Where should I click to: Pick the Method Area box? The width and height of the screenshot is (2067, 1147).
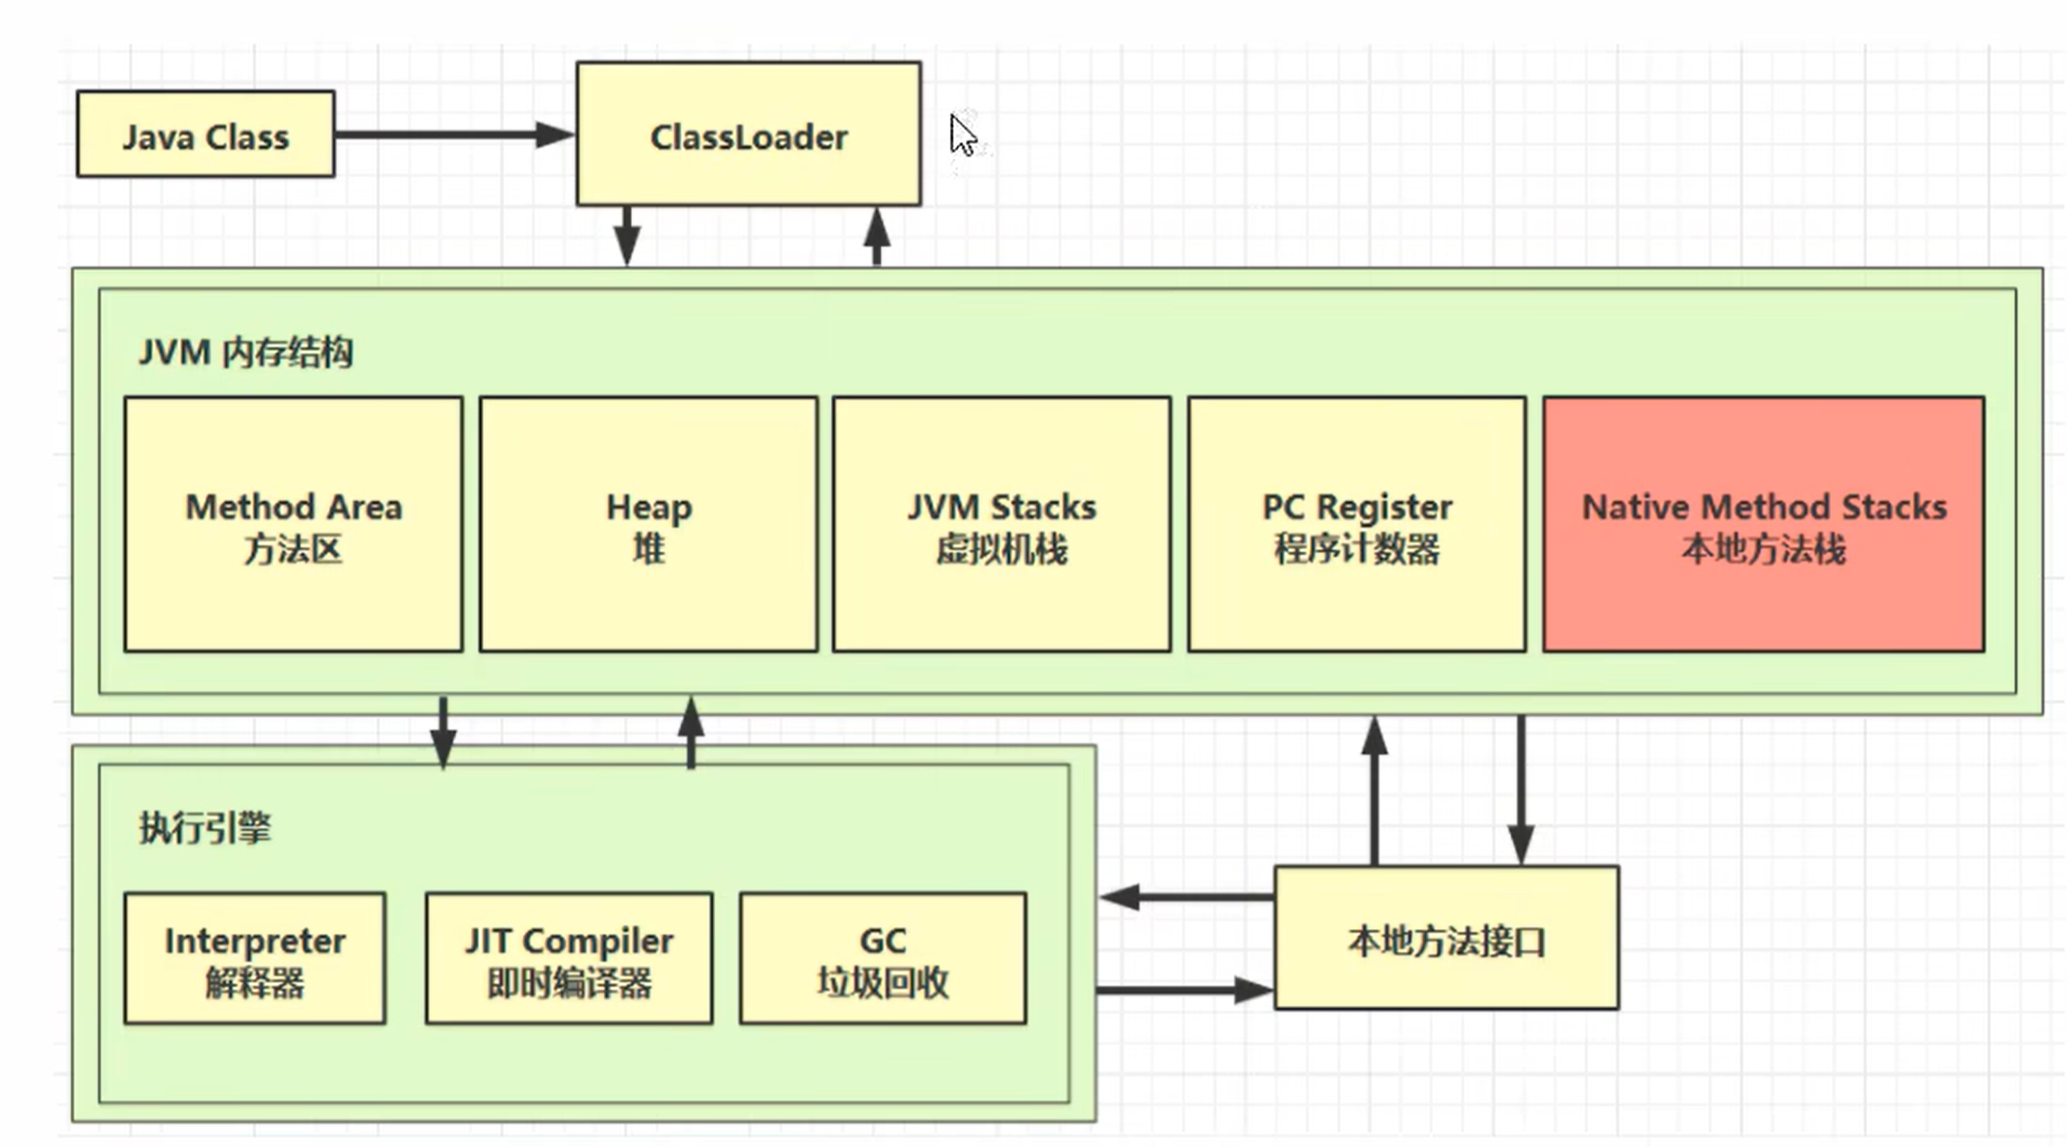[x=293, y=524]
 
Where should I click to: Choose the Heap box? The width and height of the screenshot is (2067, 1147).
[x=648, y=524]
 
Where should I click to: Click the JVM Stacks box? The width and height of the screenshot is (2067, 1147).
[x=1002, y=524]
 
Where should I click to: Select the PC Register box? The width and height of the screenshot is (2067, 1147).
[x=1356, y=524]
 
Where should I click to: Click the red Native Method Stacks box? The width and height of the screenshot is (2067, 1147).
[x=1763, y=524]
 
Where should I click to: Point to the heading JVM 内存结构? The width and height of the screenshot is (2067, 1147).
[x=245, y=353]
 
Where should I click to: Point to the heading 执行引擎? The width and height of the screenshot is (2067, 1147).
[x=204, y=828]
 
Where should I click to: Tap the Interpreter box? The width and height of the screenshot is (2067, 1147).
[x=255, y=959]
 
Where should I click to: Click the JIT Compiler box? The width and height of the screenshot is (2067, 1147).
[x=569, y=959]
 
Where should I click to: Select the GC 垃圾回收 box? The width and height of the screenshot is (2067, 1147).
[x=882, y=959]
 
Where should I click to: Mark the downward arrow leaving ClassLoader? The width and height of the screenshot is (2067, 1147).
[x=627, y=236]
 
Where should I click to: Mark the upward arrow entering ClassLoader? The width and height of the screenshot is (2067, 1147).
[x=876, y=236]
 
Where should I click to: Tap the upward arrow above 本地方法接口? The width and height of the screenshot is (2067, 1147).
[x=1374, y=791]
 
